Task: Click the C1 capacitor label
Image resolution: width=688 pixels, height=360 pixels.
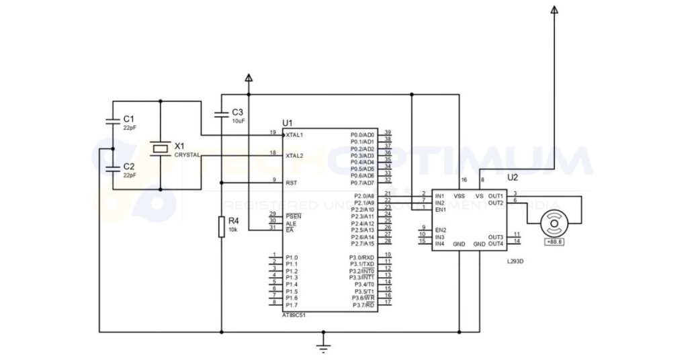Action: click(129, 119)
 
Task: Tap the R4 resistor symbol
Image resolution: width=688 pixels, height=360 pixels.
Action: click(222, 227)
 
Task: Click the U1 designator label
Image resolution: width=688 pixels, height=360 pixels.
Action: click(288, 123)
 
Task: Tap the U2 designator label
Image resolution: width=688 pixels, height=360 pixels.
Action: click(513, 178)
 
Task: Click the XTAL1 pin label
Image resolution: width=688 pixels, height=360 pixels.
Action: click(294, 135)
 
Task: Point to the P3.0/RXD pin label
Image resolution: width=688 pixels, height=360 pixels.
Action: click(361, 257)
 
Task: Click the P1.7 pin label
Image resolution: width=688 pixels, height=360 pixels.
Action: click(292, 305)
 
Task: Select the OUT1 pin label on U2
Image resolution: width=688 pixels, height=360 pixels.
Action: click(496, 196)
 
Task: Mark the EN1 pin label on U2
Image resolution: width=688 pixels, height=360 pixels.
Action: click(441, 210)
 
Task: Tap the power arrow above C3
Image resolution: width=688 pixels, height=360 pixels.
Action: click(249, 78)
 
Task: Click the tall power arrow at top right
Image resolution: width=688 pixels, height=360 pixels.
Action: click(554, 9)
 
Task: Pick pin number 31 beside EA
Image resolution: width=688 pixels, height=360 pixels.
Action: click(273, 228)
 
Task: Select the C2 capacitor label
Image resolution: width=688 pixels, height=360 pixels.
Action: click(129, 166)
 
